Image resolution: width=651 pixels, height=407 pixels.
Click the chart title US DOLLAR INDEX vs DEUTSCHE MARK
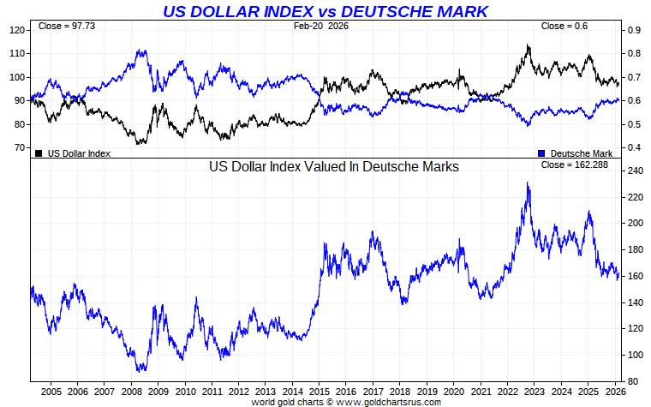pos(325,11)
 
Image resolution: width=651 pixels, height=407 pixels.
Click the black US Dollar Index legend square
pos(39,153)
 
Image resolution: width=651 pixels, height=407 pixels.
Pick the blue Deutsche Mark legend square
pos(541,153)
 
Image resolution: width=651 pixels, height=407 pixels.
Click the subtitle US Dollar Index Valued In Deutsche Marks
pos(334,167)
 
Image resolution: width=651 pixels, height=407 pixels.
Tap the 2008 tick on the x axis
pos(131,390)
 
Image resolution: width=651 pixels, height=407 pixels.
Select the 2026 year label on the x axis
pos(614,390)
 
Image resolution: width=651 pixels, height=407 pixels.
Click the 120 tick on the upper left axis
pos(17,30)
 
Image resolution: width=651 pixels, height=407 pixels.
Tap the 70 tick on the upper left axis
pos(20,148)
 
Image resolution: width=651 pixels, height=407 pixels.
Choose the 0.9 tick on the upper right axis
pos(635,30)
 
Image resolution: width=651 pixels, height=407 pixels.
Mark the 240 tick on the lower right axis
pos(635,171)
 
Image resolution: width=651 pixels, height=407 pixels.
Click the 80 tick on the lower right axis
pos(632,381)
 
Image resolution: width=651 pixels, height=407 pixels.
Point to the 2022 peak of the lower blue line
pos(528,183)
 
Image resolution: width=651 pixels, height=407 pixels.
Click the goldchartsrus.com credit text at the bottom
pos(346,401)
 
